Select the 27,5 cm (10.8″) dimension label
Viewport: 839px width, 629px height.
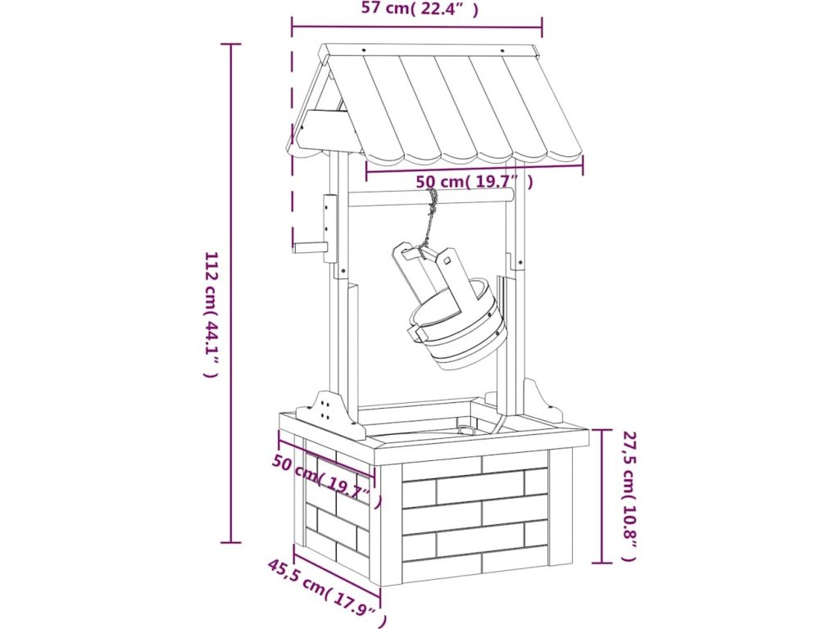click(628, 496)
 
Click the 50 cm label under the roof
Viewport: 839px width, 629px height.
click(474, 182)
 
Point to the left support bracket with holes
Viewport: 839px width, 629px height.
click(329, 412)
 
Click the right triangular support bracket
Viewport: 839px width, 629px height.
click(542, 401)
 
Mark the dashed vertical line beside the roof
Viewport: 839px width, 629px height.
click(293, 147)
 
